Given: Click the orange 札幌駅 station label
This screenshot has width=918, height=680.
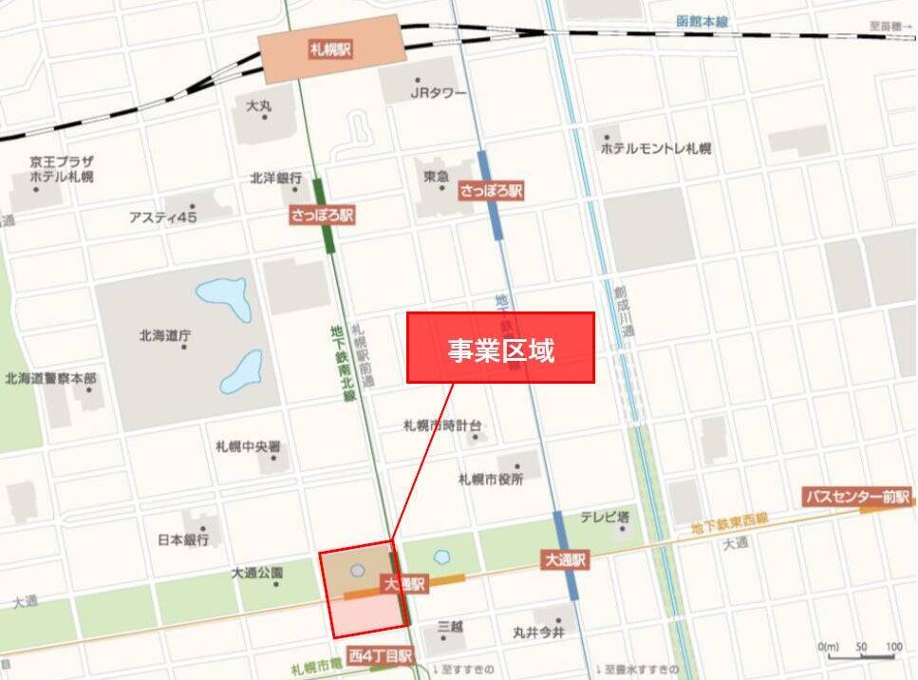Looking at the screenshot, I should (330, 49).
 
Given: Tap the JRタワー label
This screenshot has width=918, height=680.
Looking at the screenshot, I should (438, 93).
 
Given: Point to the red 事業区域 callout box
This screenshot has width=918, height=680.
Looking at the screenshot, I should (500, 348).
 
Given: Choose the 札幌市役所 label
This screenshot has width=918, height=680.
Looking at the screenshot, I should (490, 479).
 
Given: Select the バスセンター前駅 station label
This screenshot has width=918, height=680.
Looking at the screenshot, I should (856, 497).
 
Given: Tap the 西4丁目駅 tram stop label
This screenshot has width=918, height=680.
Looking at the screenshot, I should (380, 655).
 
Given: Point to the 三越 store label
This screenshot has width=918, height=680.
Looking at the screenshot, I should (450, 627).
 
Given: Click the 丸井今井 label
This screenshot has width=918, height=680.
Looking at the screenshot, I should (538, 633).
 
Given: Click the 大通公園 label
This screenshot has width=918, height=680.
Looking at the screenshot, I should (257, 574).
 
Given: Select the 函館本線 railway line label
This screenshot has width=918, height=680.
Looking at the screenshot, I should (702, 22).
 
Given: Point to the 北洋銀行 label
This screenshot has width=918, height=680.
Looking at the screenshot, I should (276, 178).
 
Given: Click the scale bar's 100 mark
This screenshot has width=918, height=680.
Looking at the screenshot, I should (893, 648).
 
